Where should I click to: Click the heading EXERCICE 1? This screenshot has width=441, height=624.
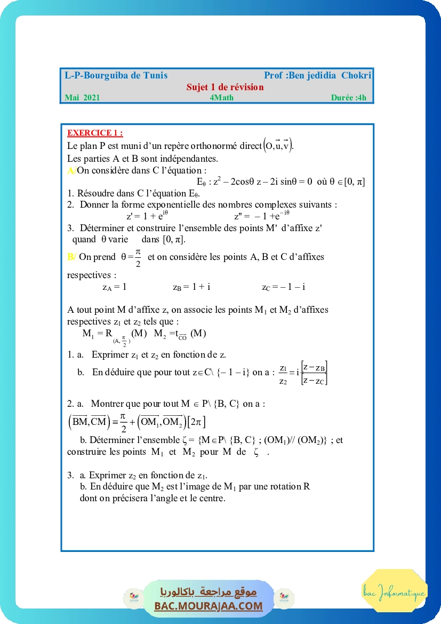95,133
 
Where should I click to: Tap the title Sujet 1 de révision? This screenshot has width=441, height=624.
225,87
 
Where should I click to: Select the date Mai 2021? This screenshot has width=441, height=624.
82,98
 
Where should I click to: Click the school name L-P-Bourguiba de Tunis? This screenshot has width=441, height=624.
116,76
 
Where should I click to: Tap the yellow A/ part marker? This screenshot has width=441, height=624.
71,170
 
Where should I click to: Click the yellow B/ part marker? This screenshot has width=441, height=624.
72,257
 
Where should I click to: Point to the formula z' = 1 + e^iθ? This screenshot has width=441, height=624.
147,216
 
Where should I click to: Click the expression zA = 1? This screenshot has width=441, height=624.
114,287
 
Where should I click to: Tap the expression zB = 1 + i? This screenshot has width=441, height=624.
191,287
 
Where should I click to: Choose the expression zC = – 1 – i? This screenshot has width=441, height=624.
283,287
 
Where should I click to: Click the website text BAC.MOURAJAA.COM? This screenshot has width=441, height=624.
209,606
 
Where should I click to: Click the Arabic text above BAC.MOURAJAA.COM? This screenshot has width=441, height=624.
209,591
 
